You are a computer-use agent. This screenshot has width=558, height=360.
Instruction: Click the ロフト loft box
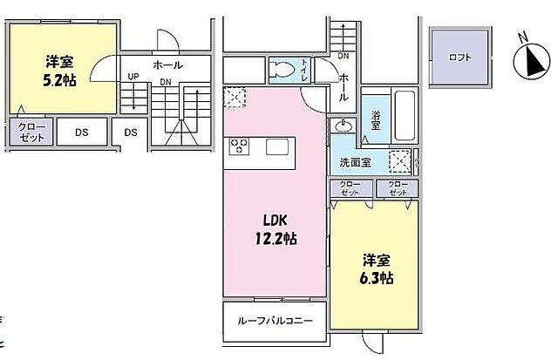[x=459, y=58]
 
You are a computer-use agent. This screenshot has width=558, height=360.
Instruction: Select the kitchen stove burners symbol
[x=241, y=147]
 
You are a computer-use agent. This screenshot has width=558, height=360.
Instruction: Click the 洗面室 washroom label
[x=355, y=162]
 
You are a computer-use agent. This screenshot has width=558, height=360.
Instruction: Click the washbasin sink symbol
[x=344, y=127]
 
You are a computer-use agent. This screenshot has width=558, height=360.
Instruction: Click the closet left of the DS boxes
[x=32, y=132]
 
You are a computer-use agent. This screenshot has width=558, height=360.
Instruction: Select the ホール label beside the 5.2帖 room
[x=167, y=65]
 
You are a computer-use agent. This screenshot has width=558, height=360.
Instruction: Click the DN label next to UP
[x=165, y=83]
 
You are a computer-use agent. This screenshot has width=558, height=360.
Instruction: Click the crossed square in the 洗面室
[x=400, y=163]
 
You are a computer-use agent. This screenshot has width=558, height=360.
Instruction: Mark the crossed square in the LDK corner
[x=235, y=98]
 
